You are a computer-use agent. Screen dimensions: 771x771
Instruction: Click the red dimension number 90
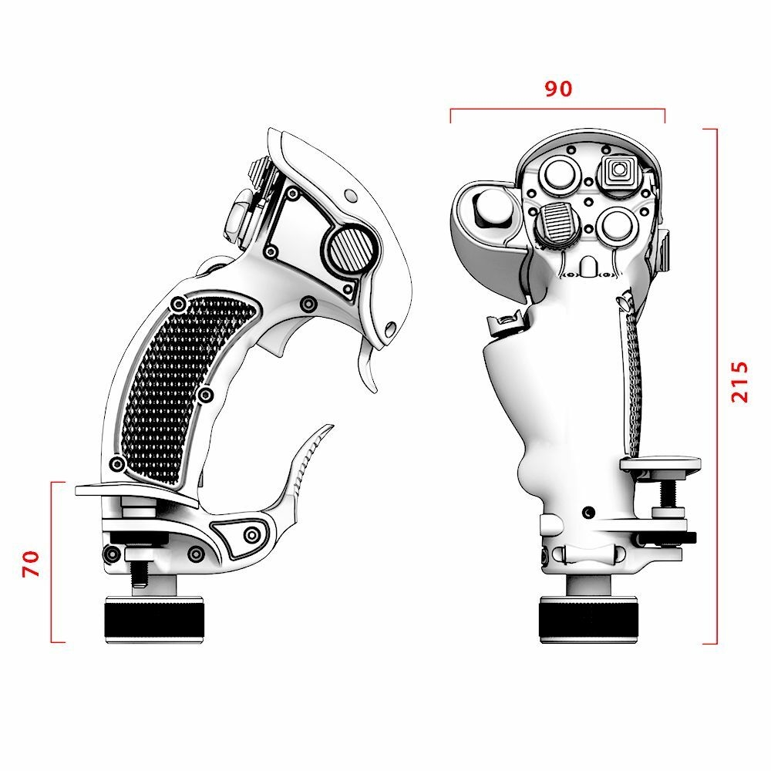pos(559,89)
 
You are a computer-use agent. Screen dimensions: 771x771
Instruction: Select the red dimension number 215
pos(739,381)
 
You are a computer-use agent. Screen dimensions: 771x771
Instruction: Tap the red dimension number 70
pos(31,563)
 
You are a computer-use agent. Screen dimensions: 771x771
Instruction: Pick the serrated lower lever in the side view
pos(308,463)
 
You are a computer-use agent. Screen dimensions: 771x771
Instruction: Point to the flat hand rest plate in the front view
pos(660,464)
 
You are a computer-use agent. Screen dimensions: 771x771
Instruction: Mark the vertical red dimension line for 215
pos(717,385)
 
